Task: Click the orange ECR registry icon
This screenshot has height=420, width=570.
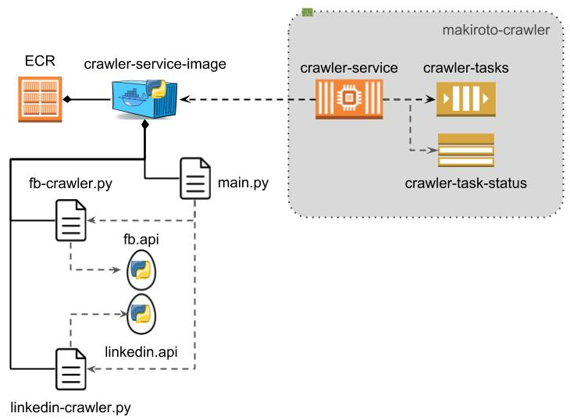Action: click(39, 98)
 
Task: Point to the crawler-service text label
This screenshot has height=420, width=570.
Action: click(349, 68)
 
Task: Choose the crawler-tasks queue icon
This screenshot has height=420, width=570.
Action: click(465, 99)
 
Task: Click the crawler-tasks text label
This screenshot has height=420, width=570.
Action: click(466, 68)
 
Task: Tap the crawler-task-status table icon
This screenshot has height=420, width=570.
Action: click(465, 150)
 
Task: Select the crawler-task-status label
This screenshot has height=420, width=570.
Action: click(466, 183)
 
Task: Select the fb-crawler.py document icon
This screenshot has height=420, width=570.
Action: click(70, 221)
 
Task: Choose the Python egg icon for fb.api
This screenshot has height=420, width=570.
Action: click(141, 270)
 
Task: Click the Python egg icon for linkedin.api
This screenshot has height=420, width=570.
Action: click(141, 313)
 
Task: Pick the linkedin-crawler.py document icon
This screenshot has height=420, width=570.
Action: click(70, 368)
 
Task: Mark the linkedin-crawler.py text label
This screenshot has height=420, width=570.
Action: click(70, 407)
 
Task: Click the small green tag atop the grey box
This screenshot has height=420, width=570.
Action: click(308, 12)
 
